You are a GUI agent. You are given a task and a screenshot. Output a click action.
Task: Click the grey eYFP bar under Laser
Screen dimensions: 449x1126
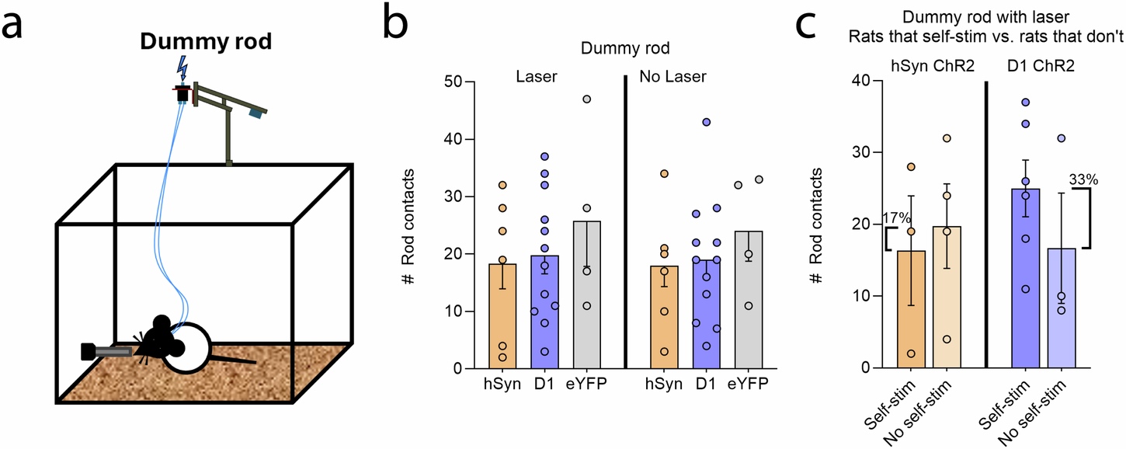tap(586, 295)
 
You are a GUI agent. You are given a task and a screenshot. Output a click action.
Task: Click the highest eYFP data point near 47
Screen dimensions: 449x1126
tap(586, 99)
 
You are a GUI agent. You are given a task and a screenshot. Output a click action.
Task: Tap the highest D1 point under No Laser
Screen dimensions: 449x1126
tap(706, 122)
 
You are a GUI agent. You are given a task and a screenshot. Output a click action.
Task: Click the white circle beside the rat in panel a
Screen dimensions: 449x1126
tap(186, 348)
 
